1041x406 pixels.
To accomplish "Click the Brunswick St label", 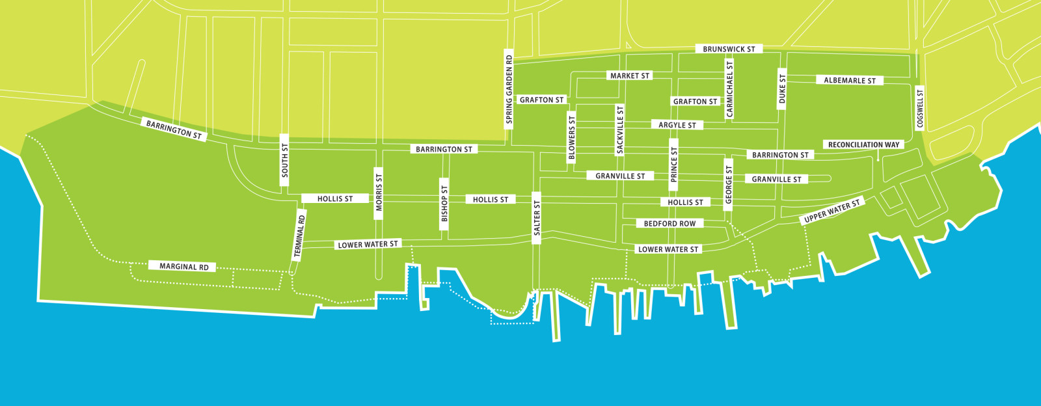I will [729, 49].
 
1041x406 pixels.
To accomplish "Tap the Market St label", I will [629, 75].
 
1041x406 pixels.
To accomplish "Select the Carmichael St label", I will [729, 89].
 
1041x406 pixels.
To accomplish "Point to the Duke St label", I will [782, 88].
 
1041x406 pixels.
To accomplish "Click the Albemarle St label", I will [849, 80].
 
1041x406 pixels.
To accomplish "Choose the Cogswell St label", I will [919, 109].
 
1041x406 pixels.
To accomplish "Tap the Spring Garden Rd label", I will [509, 90].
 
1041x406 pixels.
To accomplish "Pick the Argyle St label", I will [677, 125].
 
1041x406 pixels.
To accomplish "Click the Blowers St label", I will [572, 137].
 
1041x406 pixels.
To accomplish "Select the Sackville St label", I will [619, 130].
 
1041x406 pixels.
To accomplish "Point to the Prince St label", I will [674, 164].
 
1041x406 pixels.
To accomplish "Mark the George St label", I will [729, 184].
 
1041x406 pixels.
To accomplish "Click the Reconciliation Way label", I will [863, 144].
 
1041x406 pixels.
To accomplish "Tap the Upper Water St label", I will [831, 211].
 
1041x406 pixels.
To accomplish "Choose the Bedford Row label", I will [669, 223].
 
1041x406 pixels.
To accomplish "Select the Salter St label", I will [537, 218].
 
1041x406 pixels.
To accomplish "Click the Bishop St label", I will [444, 204].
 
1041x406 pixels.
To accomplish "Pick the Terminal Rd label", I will [299, 236].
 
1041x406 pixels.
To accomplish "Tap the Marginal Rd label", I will [184, 266].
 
